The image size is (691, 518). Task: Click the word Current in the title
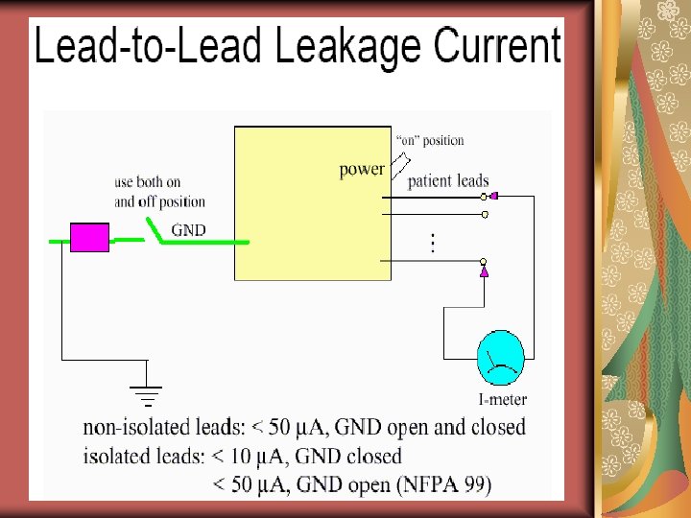pyautogui.click(x=497, y=45)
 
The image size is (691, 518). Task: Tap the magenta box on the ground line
pyautogui.click(x=90, y=237)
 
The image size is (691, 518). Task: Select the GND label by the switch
pyautogui.click(x=188, y=229)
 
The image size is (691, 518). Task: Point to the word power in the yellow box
pyautogui.click(x=362, y=169)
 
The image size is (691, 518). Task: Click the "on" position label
pyautogui.click(x=429, y=140)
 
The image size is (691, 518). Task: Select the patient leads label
pyautogui.click(x=448, y=180)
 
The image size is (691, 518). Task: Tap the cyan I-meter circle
pyautogui.click(x=501, y=356)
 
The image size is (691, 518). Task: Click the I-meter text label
pyautogui.click(x=502, y=399)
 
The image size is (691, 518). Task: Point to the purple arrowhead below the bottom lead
pyautogui.click(x=485, y=273)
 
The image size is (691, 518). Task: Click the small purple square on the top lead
pyautogui.click(x=493, y=196)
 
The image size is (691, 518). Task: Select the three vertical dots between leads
pyautogui.click(x=433, y=243)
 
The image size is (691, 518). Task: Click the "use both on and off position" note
pyautogui.click(x=159, y=192)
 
